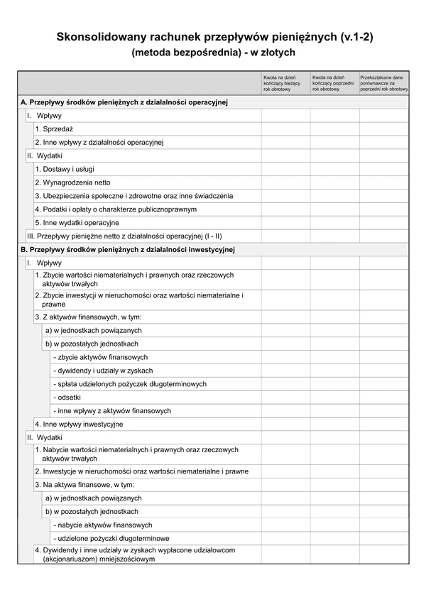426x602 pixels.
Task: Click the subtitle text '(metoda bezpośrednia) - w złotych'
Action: tap(213, 52)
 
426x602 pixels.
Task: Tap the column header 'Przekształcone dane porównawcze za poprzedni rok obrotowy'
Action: tap(383, 83)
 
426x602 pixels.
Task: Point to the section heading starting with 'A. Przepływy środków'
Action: tap(124, 102)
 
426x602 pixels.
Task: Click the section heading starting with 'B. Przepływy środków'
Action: tap(128, 249)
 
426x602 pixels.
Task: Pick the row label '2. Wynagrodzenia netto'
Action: tap(72, 182)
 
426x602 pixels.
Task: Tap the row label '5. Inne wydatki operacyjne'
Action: tap(77, 222)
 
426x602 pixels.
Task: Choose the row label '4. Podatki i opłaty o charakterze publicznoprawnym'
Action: tap(116, 209)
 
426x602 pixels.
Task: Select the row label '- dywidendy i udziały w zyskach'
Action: tap(103, 371)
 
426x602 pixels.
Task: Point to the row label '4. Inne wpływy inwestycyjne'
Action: tap(79, 424)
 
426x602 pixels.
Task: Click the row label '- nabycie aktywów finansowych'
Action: tap(102, 525)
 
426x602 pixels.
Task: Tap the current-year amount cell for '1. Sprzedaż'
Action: tap(285, 128)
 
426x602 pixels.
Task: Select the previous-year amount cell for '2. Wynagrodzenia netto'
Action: tap(334, 182)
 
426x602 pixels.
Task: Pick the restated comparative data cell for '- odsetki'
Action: tap(383, 397)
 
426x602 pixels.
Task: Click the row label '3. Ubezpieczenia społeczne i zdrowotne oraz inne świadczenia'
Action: tap(133, 196)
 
